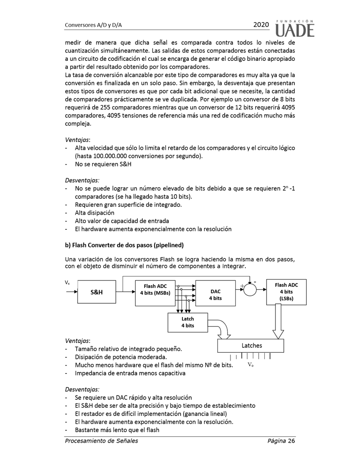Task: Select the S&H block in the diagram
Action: (97, 292)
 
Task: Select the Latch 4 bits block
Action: (187, 322)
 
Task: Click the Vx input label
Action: (67, 282)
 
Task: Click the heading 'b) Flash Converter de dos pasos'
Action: (124, 245)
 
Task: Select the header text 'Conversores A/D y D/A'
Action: (93, 25)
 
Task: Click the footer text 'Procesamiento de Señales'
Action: (101, 441)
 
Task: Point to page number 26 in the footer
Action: (290, 441)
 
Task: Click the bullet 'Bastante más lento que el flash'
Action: (117, 430)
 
